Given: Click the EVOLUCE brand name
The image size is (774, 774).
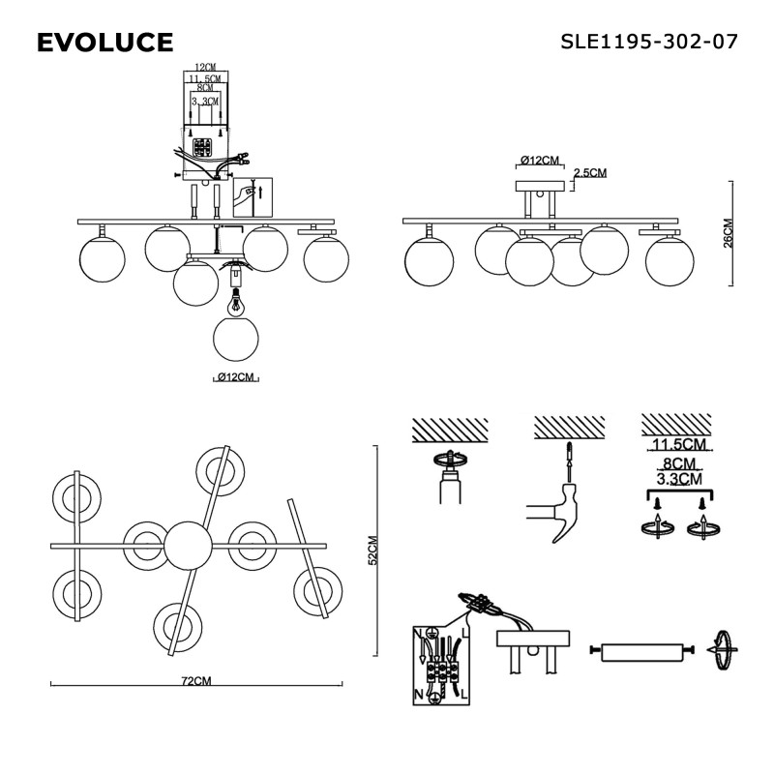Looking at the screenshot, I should [104, 43].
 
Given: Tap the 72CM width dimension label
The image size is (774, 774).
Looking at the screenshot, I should [196, 680].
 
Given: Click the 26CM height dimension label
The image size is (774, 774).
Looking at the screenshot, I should [729, 232].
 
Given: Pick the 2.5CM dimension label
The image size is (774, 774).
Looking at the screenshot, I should [590, 173].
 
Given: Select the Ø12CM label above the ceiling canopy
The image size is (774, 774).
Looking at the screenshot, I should [540, 161].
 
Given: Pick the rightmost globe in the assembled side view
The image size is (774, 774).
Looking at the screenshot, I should [670, 259].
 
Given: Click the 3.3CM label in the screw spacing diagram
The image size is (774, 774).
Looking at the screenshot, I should [677, 479].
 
